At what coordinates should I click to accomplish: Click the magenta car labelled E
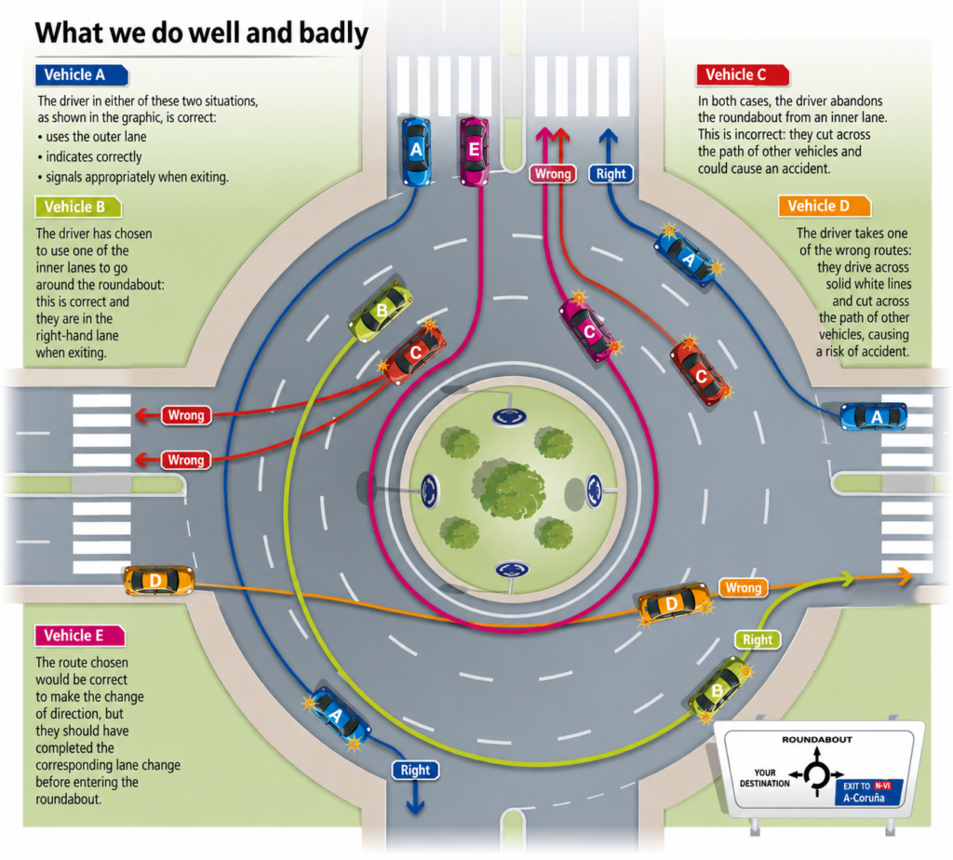474,152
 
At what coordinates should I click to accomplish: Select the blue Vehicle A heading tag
82,74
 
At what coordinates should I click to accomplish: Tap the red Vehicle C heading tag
742,74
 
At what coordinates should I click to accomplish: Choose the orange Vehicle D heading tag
825,206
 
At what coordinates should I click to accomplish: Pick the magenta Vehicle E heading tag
80,636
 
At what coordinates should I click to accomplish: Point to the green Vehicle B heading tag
78,208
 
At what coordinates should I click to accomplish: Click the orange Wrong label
744,587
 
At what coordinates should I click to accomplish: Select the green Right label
758,639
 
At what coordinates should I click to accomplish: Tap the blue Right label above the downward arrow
415,770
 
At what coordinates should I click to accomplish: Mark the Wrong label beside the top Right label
553,174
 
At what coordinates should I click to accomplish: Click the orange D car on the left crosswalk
158,581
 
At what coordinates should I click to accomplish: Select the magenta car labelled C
589,329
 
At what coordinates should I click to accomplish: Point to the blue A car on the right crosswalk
873,417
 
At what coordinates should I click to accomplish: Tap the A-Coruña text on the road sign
864,798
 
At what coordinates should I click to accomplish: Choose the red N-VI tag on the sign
882,786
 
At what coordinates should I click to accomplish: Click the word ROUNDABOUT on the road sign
817,740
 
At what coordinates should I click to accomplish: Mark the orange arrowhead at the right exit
905,575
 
